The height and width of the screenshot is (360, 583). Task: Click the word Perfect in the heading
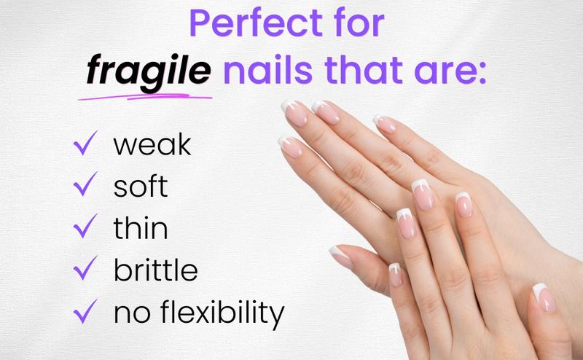coord(256,23)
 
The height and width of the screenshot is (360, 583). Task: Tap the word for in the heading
coord(359,23)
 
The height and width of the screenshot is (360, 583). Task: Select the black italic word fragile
coord(149,71)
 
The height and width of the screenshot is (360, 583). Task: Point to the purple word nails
coord(267,70)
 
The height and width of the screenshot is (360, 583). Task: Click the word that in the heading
coord(364,70)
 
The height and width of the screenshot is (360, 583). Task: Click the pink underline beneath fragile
coord(145,97)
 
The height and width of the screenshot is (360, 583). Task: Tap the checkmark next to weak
coord(85,143)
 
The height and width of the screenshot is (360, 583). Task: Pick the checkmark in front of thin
coord(85,226)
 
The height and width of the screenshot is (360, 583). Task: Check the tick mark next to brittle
coord(85,267)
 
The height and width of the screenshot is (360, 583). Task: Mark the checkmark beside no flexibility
coord(85,311)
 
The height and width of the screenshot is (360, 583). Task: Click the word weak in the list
coord(152,144)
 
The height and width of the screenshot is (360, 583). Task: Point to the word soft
coord(141,185)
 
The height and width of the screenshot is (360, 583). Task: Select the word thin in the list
coord(141,227)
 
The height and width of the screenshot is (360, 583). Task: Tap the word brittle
coord(155,268)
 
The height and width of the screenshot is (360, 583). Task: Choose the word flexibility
coord(222,313)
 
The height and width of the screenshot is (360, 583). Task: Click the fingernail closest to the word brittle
coord(341,257)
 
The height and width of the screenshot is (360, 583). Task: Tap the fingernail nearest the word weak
coord(290,146)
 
